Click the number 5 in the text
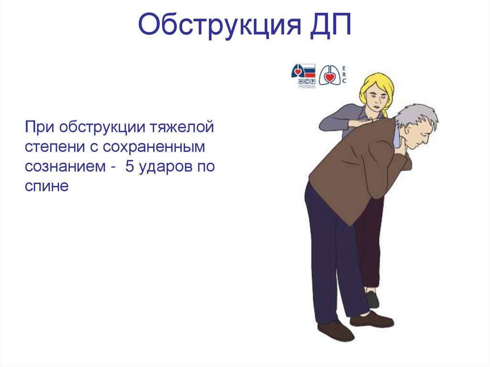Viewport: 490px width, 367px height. pos(130,167)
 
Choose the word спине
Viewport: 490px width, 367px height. pos(47,186)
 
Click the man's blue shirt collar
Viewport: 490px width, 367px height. pos(397,136)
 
